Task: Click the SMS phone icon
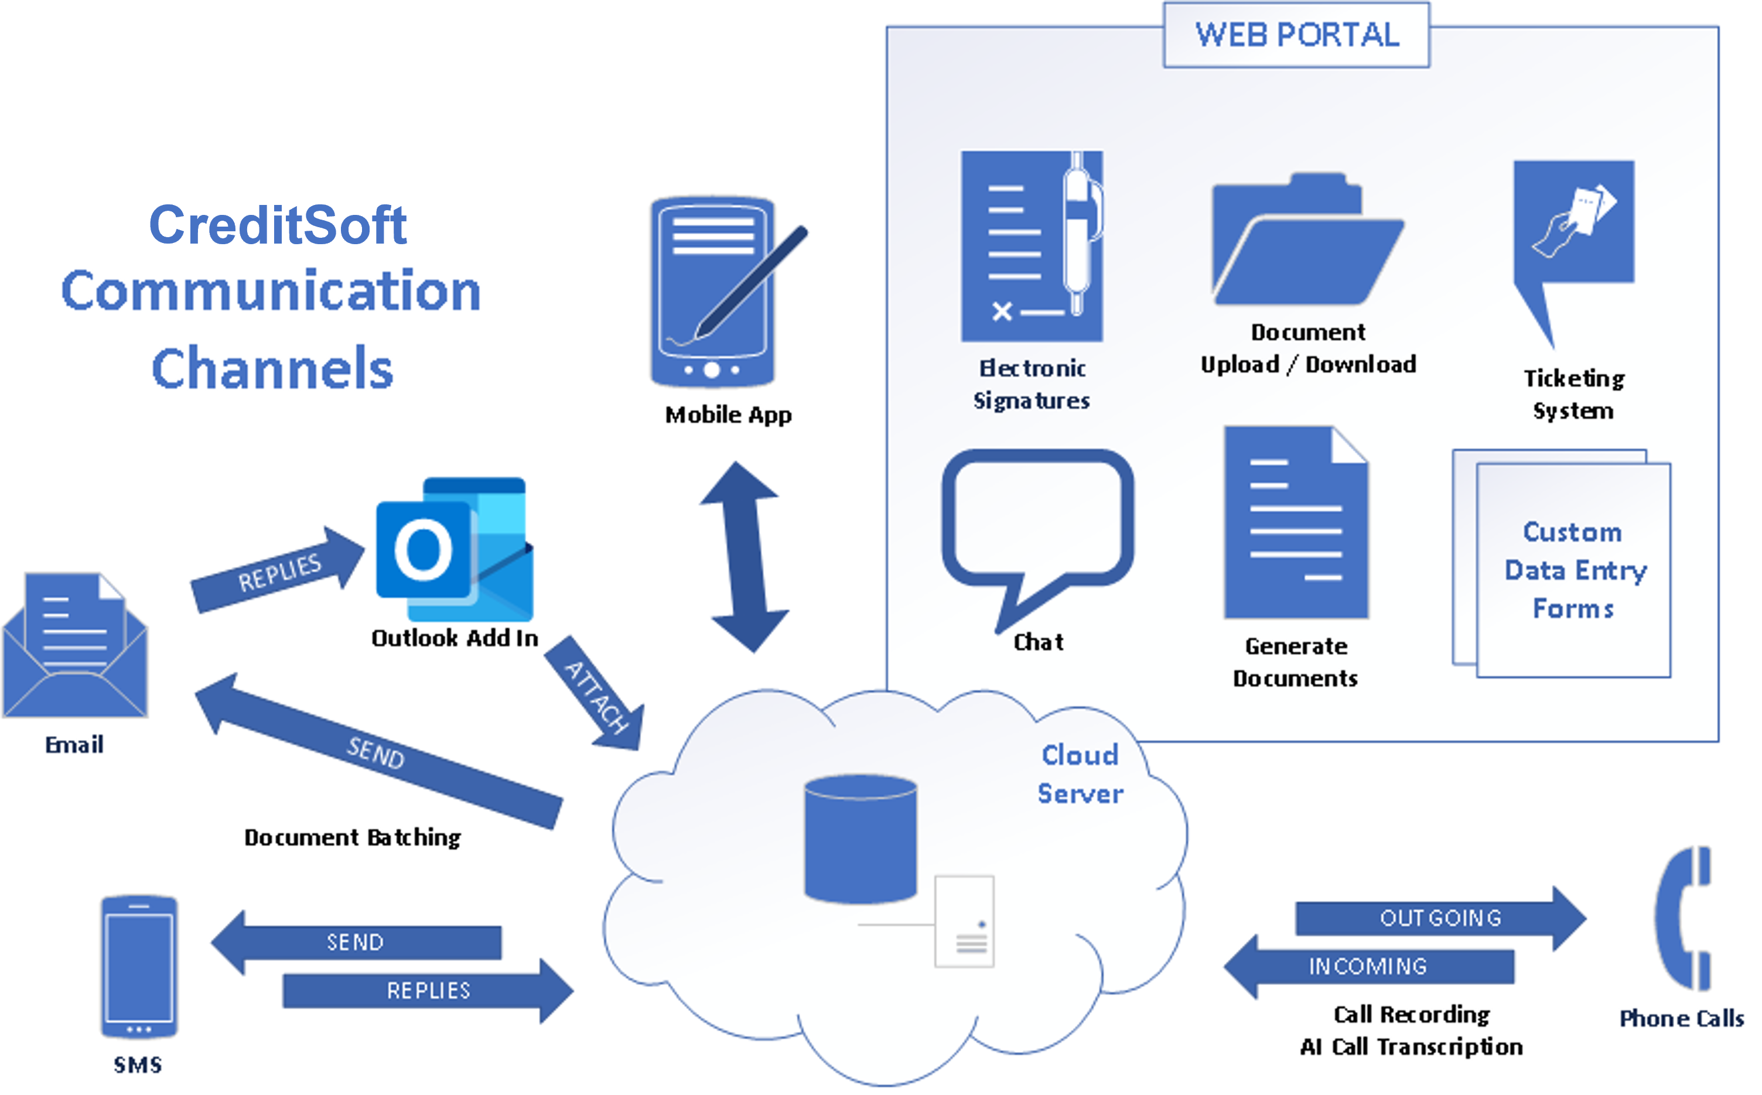(138, 966)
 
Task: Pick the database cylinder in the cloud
(860, 839)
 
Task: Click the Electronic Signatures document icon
(1031, 247)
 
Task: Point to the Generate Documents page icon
(1295, 523)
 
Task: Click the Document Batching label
(352, 837)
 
